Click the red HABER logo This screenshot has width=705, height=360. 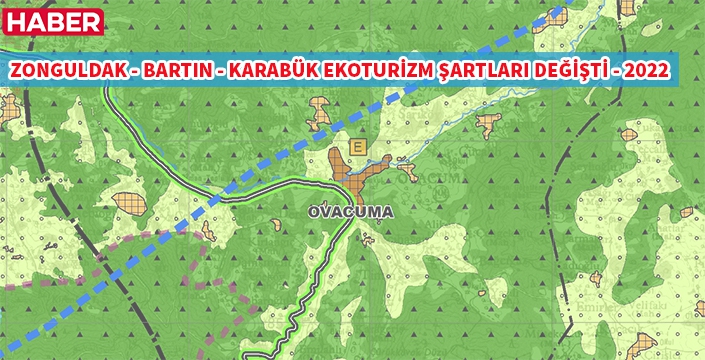click(x=53, y=22)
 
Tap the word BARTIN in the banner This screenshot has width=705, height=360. click(x=171, y=73)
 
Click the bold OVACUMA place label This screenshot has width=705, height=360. click(x=351, y=213)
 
